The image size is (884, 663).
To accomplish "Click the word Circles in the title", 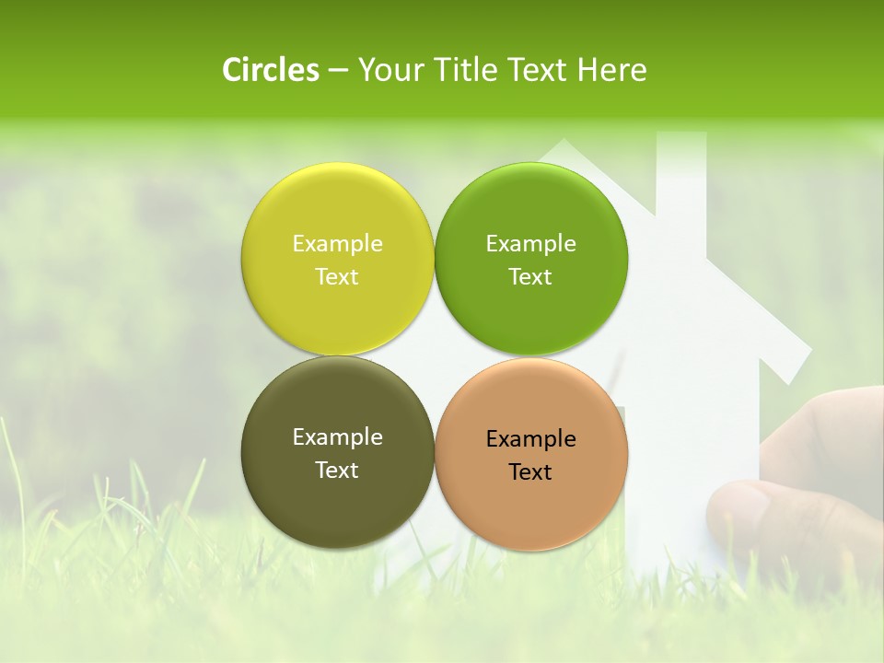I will point(270,70).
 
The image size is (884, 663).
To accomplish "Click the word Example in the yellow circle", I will point(337,244).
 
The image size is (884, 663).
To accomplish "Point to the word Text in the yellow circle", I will point(337,277).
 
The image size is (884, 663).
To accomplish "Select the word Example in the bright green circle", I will point(530,244).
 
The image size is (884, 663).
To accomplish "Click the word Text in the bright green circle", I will point(530,277).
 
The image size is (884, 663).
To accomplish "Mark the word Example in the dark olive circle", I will point(337,437).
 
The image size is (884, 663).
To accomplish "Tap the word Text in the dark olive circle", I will point(337,471).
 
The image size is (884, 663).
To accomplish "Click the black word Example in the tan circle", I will point(530,439).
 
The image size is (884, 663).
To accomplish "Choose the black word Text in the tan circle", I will point(530,472).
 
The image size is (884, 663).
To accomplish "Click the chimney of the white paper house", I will point(680,175).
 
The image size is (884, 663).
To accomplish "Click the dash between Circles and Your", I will point(338,71).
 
